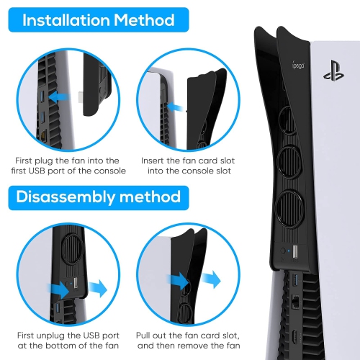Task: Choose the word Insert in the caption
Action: (150, 160)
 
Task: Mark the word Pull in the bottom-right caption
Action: (147, 335)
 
